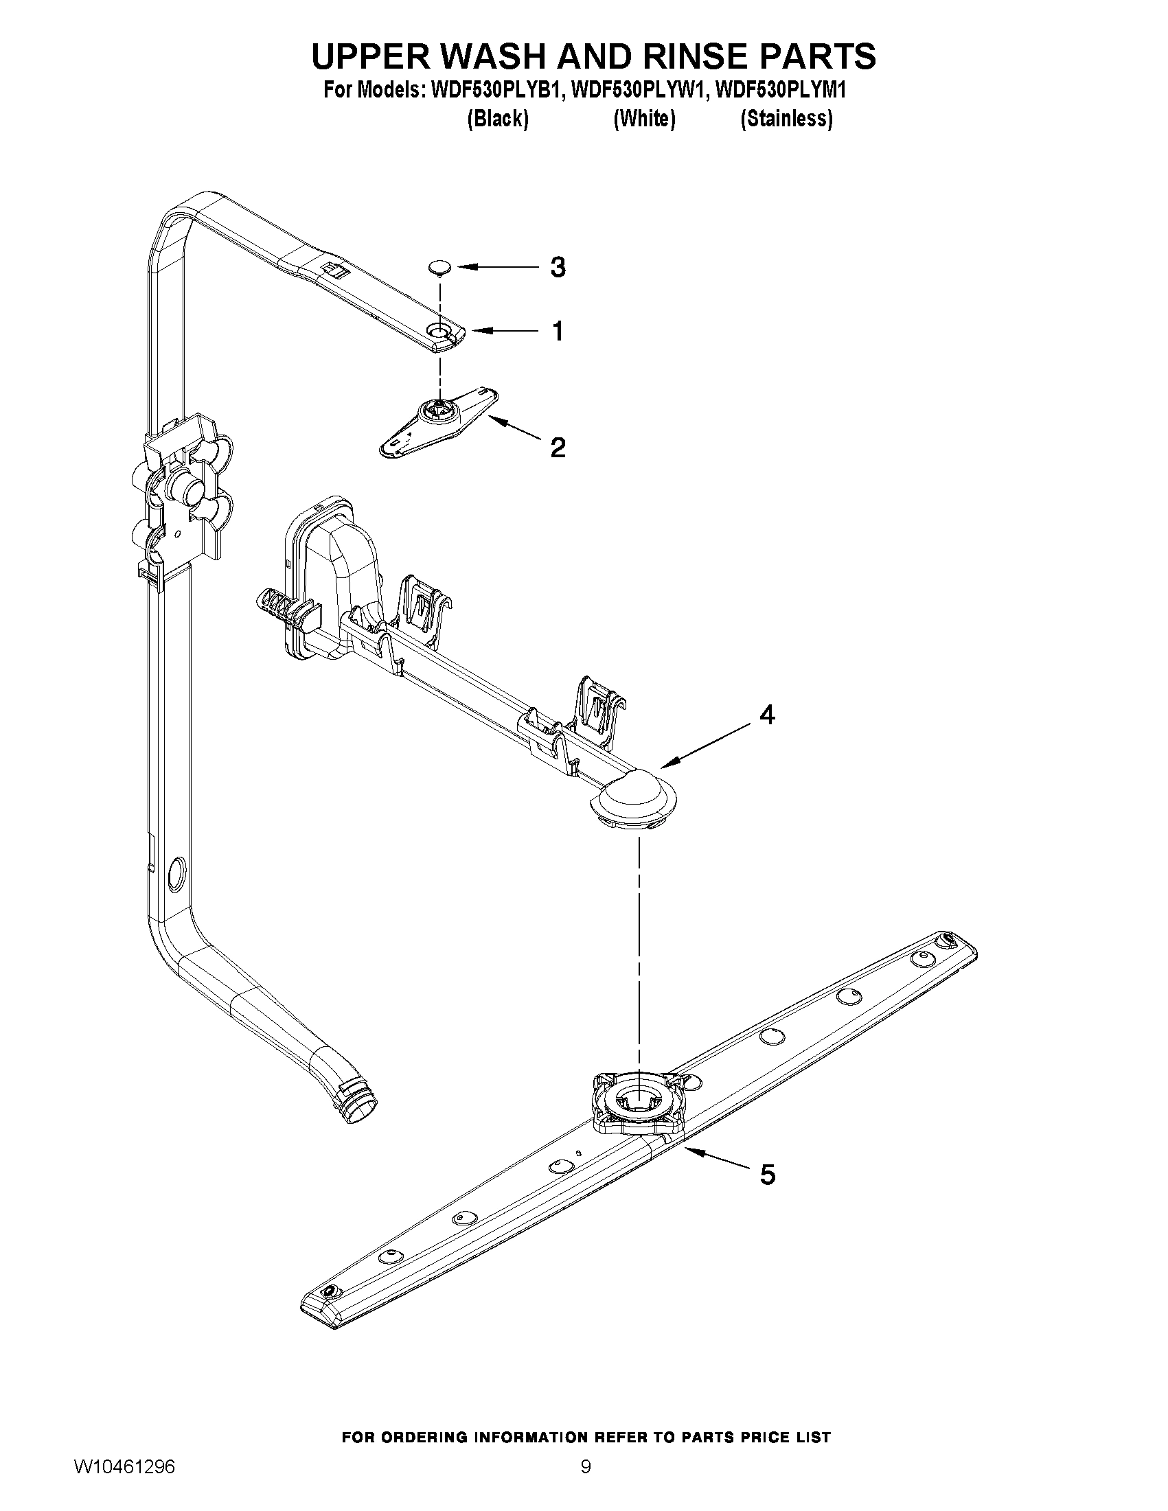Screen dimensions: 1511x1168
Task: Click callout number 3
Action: pos(558,267)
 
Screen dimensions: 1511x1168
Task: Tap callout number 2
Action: pos(558,448)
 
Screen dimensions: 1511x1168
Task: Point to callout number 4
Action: pos(767,715)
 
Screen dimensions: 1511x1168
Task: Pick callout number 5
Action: pos(768,1174)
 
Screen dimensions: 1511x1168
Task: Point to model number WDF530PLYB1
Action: pos(494,91)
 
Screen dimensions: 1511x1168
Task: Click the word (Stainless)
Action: pos(786,119)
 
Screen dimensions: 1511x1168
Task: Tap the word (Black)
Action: pos(498,119)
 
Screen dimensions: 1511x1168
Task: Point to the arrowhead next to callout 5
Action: pos(689,1150)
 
